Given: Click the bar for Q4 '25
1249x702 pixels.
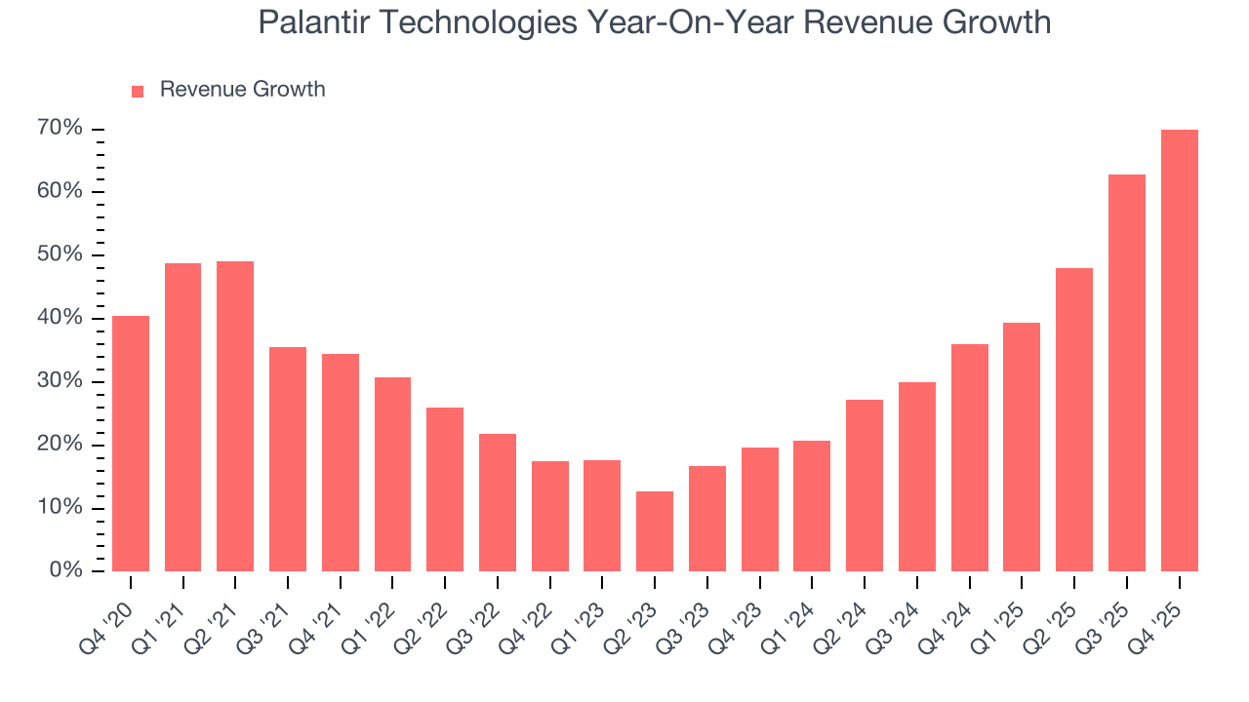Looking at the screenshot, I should click(1179, 351).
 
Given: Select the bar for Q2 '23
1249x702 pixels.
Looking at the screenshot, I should click(655, 531).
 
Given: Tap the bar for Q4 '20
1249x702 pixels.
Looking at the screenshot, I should click(131, 444).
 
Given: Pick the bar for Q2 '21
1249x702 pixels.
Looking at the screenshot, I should click(235, 416).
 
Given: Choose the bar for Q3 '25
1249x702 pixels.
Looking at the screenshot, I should click(1126, 373).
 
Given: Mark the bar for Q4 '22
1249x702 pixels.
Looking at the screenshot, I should click(550, 517).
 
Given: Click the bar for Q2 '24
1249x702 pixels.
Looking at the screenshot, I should click(865, 486).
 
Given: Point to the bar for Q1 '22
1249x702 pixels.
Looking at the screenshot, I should click(392, 475).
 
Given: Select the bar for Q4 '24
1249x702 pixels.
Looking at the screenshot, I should click(969, 458).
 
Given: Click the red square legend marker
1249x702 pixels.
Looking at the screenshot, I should click(138, 91).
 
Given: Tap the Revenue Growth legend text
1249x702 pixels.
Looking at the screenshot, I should click(242, 90).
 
